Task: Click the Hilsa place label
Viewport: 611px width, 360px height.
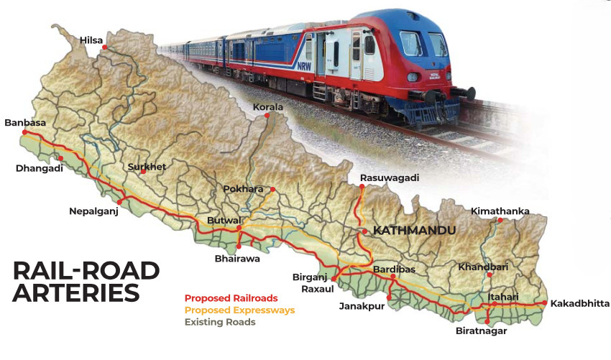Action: [92, 40]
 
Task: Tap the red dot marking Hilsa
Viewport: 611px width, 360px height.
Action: [105, 47]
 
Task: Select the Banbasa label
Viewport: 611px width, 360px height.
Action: [24, 123]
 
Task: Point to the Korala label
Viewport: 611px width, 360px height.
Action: [268, 107]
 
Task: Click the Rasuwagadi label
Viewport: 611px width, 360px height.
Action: [389, 177]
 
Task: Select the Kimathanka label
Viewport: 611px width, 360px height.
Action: [500, 211]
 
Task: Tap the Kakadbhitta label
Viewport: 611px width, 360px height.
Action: [580, 304]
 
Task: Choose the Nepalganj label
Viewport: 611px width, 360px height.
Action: [93, 211]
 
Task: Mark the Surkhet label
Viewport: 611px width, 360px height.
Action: [147, 167]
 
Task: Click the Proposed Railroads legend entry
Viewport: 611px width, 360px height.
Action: [231, 298]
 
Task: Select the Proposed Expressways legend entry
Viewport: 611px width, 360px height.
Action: [239, 310]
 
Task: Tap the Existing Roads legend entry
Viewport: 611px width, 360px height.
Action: [220, 323]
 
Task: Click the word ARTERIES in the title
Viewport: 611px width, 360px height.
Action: [76, 294]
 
